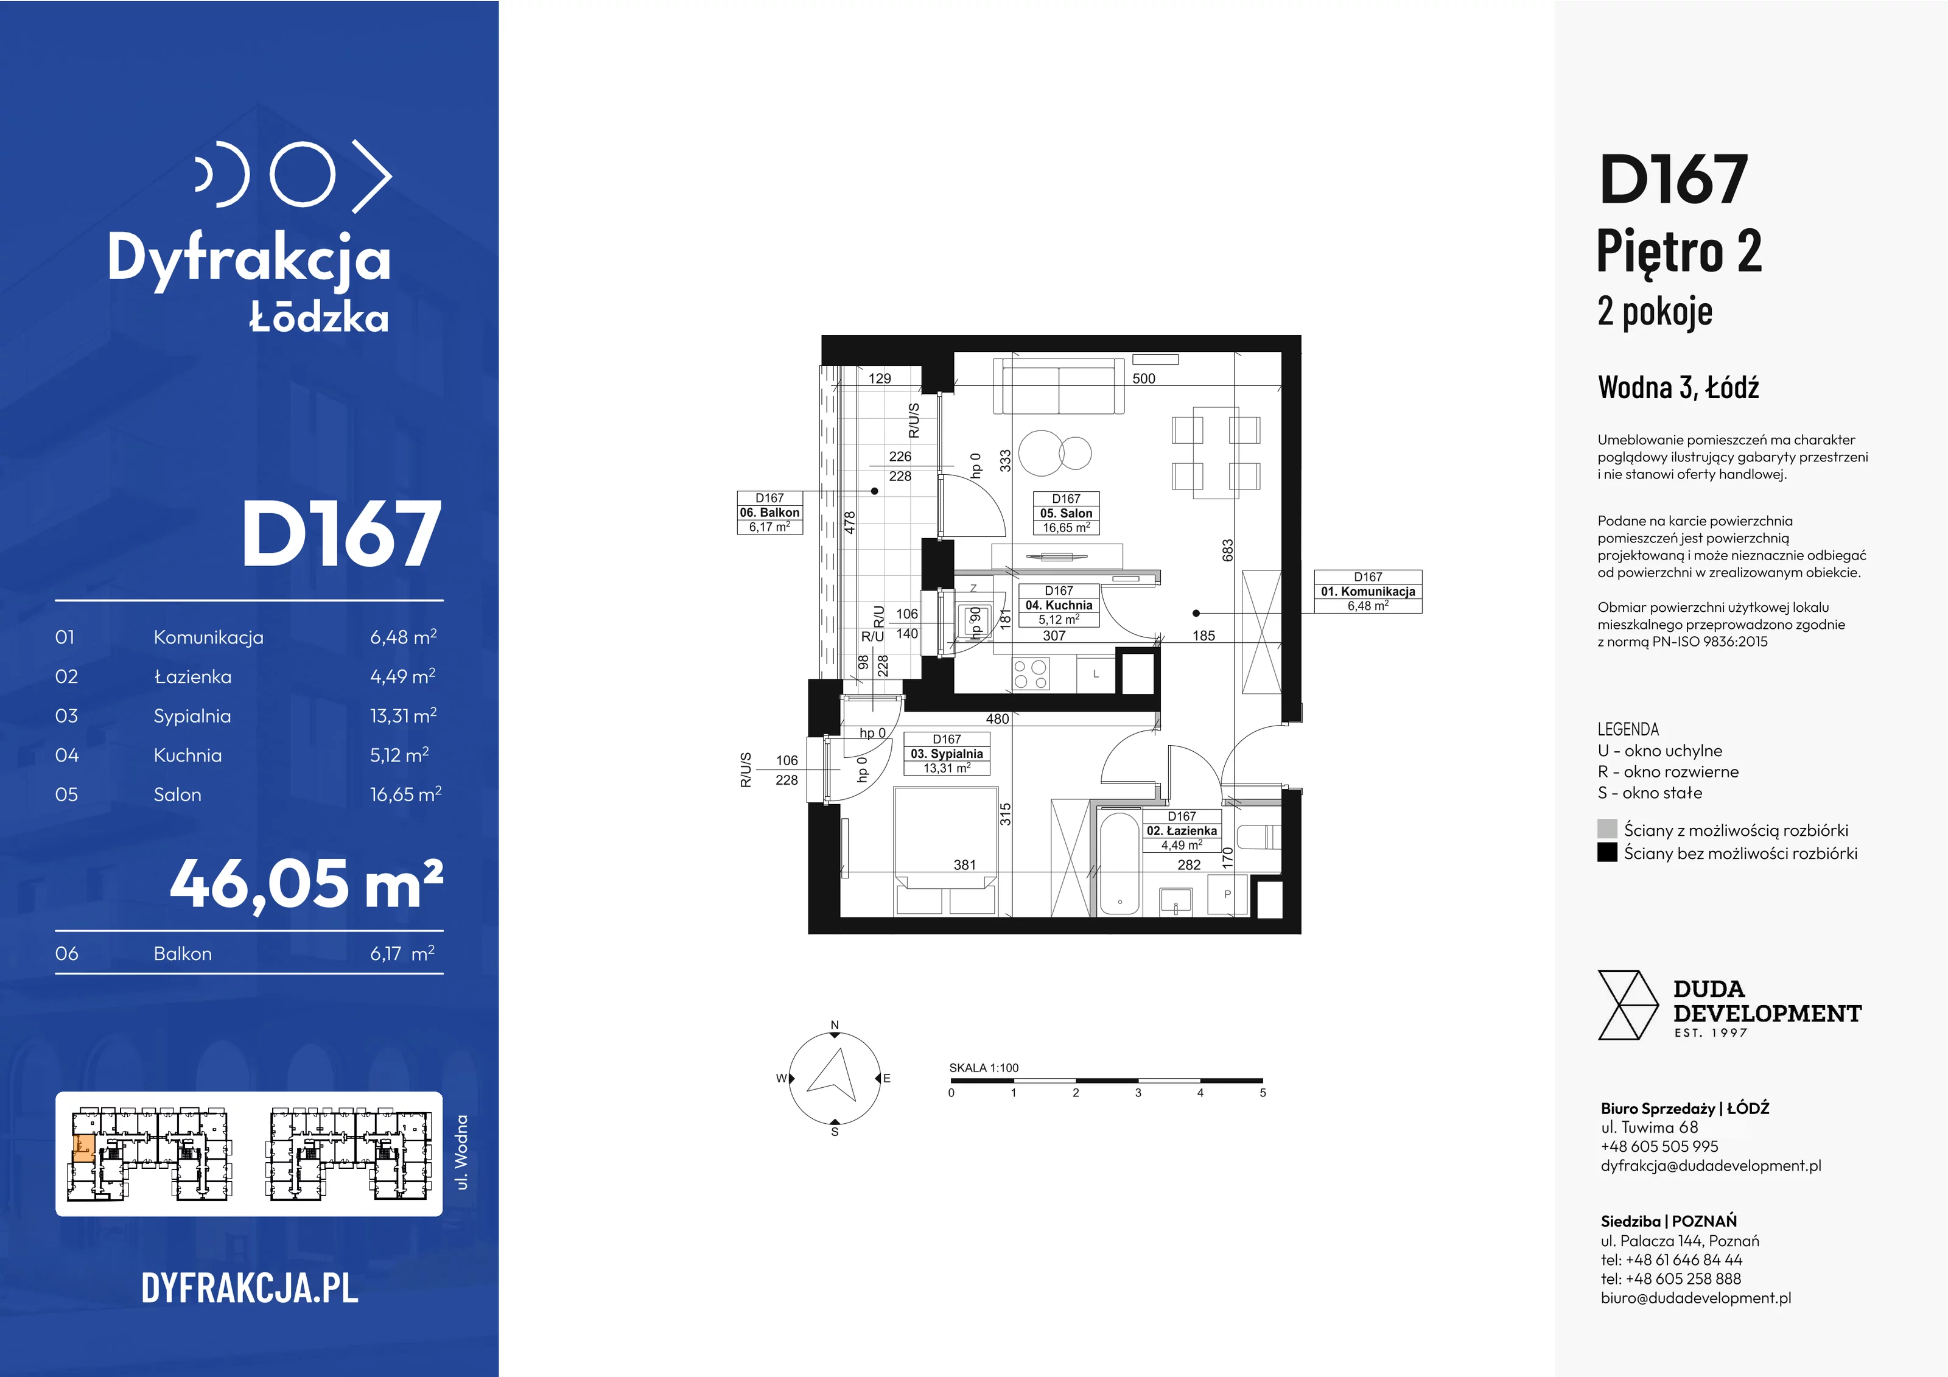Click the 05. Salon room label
pos(1066,513)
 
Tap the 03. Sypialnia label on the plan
pos(947,754)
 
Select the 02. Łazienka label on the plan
pos(1182,830)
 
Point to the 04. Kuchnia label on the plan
pos(1059,605)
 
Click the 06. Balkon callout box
pos(769,513)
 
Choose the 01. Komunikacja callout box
pos(1368,591)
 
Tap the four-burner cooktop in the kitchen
pos(1031,674)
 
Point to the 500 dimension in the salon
pos(1144,379)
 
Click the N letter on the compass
pos(835,1025)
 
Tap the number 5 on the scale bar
pos(1263,1093)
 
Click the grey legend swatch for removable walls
pos(1607,829)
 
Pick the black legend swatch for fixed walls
pos(1607,852)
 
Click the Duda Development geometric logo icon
pos(1627,1006)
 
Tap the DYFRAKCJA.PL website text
pos(250,1288)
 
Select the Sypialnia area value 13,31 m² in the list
pos(403,715)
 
